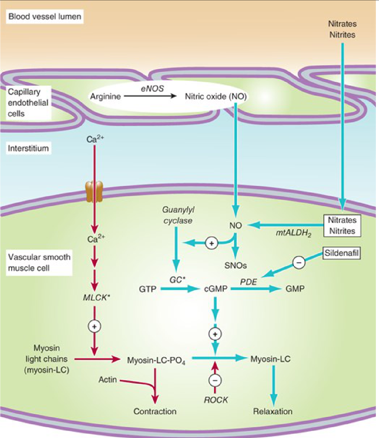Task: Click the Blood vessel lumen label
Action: click(45, 17)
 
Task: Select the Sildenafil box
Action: click(342, 253)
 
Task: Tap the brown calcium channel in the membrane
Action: click(94, 192)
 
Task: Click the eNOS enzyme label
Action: click(152, 89)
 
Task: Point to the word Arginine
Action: click(105, 96)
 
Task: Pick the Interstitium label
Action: click(28, 148)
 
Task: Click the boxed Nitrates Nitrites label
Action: click(342, 226)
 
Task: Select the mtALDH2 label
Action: click(293, 233)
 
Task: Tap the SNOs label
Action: click(236, 266)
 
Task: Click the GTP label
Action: click(148, 289)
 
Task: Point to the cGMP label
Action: click(216, 289)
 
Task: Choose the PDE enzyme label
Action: click(248, 282)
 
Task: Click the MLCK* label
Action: click(96, 298)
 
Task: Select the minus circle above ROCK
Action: click(215, 380)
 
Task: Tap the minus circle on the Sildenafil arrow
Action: click(299, 262)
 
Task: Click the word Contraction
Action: click(155, 411)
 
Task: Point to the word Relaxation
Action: click(273, 411)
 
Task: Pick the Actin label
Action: click(108, 380)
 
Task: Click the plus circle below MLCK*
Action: click(94, 326)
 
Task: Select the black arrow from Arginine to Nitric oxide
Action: click(150, 96)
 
